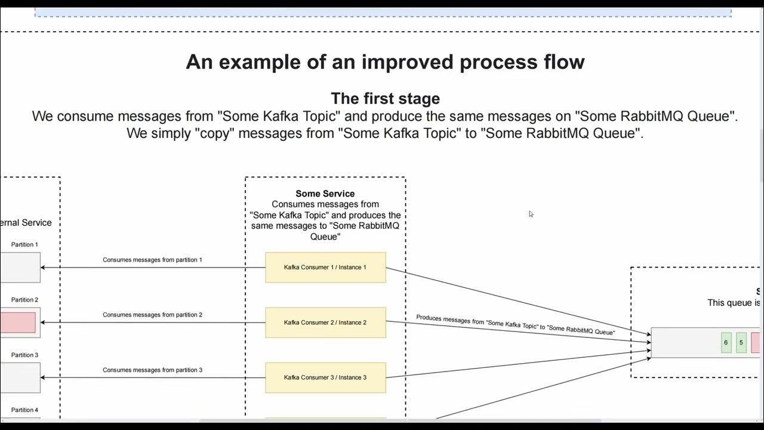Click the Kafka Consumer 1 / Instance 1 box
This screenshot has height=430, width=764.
click(x=325, y=268)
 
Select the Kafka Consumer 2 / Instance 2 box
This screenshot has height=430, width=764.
click(x=325, y=322)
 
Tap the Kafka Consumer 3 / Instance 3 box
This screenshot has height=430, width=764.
click(x=325, y=377)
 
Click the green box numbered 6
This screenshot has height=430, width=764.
click(x=726, y=343)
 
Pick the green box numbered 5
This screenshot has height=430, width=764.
click(x=741, y=343)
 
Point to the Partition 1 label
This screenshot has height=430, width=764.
click(x=24, y=245)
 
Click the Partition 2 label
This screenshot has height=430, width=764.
click(x=24, y=300)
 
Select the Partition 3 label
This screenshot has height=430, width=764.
click(x=24, y=355)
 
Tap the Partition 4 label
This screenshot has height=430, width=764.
click(x=24, y=410)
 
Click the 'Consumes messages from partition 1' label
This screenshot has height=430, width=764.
click(x=152, y=260)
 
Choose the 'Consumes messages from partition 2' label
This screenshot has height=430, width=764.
click(x=152, y=315)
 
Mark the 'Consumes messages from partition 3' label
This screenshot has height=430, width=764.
click(x=152, y=370)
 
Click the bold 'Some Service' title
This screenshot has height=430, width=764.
click(x=325, y=193)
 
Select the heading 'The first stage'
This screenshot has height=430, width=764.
click(x=385, y=99)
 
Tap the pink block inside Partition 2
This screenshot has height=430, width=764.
click(x=18, y=322)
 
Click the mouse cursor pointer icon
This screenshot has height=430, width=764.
click(x=531, y=214)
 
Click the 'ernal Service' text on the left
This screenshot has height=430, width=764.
click(x=26, y=223)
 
